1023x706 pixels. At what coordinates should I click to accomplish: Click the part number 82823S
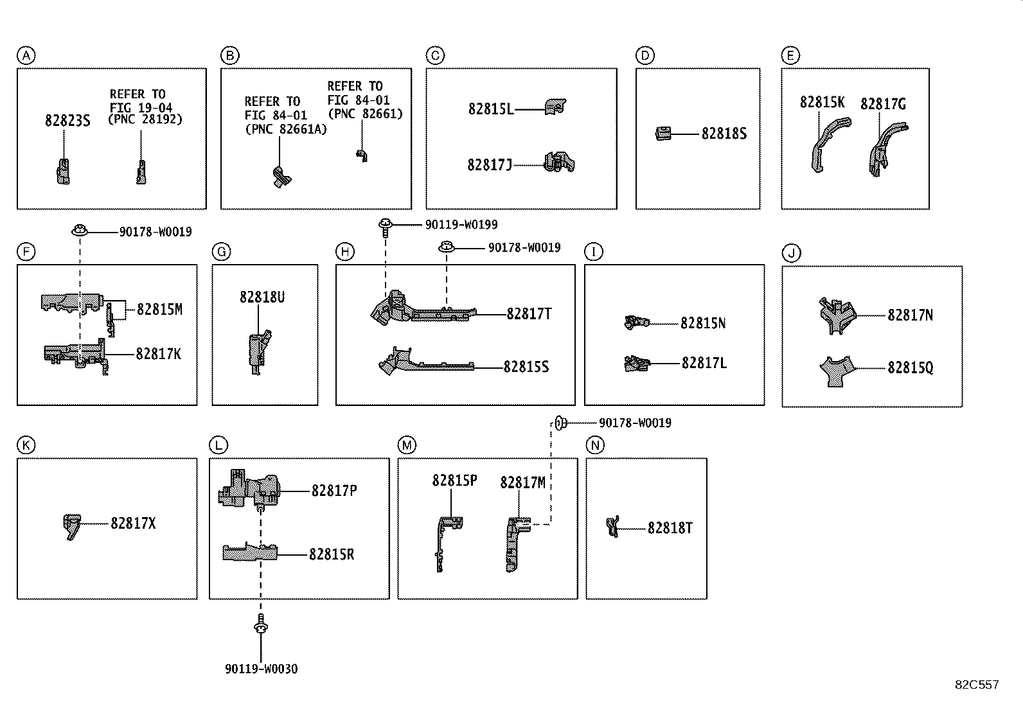[x=67, y=120]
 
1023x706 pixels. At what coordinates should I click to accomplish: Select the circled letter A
[x=25, y=56]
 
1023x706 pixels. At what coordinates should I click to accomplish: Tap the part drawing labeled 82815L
[x=555, y=107]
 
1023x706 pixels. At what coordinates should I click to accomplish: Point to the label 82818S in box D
[x=724, y=134]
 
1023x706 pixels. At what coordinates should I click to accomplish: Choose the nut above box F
[x=80, y=229]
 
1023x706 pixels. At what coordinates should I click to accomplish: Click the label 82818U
[x=262, y=297]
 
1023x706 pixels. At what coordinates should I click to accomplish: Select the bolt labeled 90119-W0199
[x=385, y=225]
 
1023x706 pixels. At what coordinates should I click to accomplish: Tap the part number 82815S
[x=526, y=367]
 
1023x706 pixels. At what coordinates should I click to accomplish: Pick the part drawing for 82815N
[x=636, y=322]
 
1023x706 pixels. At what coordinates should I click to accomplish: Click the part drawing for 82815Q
[x=837, y=372]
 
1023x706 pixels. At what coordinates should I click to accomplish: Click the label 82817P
[x=334, y=491]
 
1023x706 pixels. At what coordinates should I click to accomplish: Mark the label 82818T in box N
[x=670, y=528]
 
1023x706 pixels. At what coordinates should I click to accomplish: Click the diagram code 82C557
[x=976, y=685]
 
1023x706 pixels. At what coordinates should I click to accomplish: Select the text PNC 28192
[x=145, y=120]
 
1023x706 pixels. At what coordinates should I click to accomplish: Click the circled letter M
[x=406, y=445]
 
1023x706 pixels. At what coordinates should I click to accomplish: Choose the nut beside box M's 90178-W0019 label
[x=559, y=423]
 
